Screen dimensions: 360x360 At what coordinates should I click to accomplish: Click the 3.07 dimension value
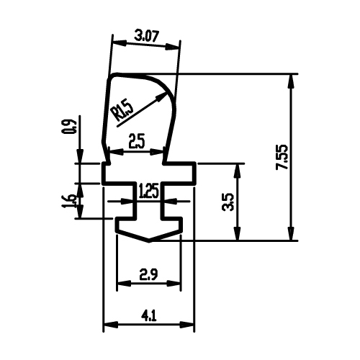tap(146, 37)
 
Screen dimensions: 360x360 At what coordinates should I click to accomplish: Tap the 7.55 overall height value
tap(282, 157)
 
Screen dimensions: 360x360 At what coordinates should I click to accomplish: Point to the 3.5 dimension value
tap(228, 202)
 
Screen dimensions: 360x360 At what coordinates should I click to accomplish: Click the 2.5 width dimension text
tap(137, 142)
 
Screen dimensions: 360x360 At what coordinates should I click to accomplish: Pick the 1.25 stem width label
tap(149, 192)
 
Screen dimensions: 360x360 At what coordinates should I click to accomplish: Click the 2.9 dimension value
tap(149, 274)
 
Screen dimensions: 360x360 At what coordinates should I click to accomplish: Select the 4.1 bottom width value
tap(149, 315)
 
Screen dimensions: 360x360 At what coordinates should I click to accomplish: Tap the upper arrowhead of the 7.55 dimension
tap(291, 82)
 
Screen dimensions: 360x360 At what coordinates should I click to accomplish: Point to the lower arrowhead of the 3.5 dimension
tap(237, 233)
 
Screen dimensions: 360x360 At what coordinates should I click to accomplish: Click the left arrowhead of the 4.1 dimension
tap(111, 325)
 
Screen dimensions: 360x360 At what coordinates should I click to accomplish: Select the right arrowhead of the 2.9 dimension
tap(174, 284)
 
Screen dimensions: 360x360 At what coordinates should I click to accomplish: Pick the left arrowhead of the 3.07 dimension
tap(120, 43)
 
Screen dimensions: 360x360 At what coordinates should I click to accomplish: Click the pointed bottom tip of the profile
tap(149, 240)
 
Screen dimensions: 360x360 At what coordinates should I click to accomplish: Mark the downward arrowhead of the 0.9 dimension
tap(80, 156)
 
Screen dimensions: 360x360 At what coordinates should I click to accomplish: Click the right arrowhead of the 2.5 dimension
tap(156, 152)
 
